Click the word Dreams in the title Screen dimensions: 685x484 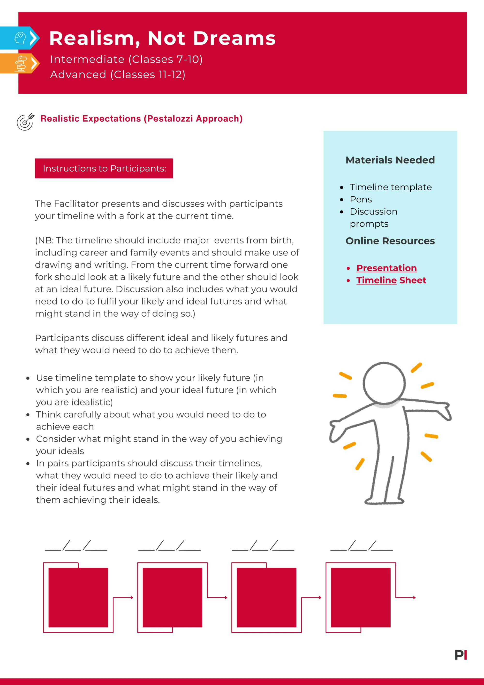pyautogui.click(x=234, y=39)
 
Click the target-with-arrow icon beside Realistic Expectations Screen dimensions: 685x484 pyautogui.click(x=25, y=122)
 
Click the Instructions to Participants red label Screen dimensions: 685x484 pyautogui.click(x=104, y=169)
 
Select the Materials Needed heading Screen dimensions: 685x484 pyautogui.click(x=390, y=160)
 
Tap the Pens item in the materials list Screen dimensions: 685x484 pyautogui.click(x=361, y=199)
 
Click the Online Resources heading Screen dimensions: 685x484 pyautogui.click(x=390, y=241)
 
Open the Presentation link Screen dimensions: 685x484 pyautogui.click(x=386, y=268)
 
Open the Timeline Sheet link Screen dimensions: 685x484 pyautogui.click(x=391, y=280)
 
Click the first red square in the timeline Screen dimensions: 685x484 pyautogui.click(x=78, y=598)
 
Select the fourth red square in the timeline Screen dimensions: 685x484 pyautogui.click(x=361, y=598)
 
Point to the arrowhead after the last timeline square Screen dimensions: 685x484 pyautogui.click(x=414, y=598)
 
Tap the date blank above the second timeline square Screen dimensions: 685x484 pyautogui.click(x=170, y=546)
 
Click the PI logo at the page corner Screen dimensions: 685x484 pyautogui.click(x=461, y=655)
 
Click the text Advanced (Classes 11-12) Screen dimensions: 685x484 pyautogui.click(x=118, y=75)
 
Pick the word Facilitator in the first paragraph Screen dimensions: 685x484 pyautogui.click(x=76, y=204)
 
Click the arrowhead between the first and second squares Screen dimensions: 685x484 pyautogui.click(x=132, y=598)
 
